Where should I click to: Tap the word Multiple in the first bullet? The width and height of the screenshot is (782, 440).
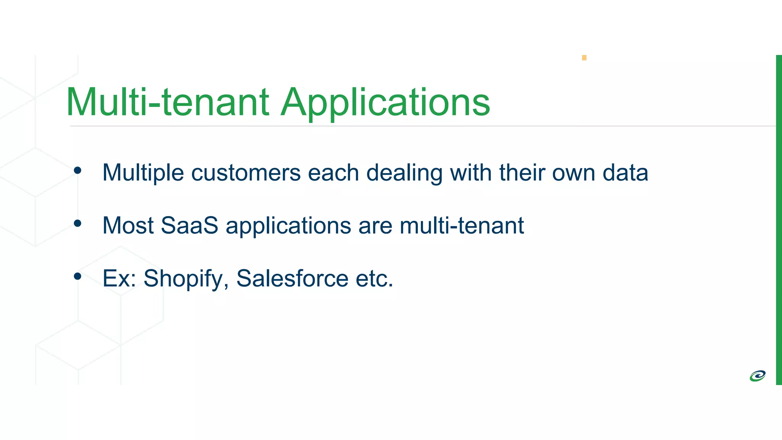click(x=143, y=173)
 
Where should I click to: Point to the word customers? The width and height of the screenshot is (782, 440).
click(x=246, y=173)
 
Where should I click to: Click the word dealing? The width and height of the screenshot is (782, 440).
click(x=404, y=173)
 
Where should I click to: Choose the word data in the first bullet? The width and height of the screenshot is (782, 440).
click(x=625, y=173)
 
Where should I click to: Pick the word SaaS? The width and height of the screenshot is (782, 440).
click(x=189, y=225)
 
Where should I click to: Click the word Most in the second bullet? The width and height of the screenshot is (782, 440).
click(x=128, y=225)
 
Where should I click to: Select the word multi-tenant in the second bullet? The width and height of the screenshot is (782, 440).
click(x=462, y=225)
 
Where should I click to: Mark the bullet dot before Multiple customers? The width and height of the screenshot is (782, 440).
click(x=78, y=171)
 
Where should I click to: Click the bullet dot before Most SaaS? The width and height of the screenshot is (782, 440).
click(x=78, y=223)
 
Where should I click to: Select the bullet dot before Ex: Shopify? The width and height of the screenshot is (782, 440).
click(x=78, y=276)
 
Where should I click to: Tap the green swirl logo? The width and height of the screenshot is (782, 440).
click(x=758, y=376)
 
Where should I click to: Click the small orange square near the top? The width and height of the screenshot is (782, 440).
click(x=584, y=58)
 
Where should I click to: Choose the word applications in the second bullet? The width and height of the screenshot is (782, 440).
click(x=288, y=226)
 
